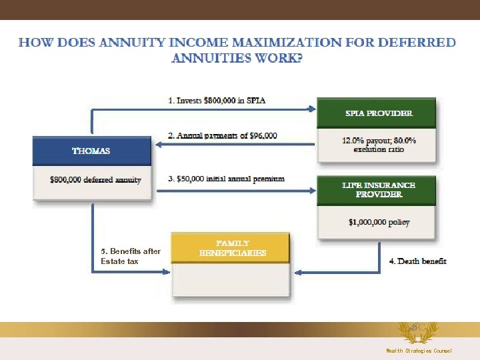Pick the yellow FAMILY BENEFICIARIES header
(x=232, y=248)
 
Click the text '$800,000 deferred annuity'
(x=95, y=179)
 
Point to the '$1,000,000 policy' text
(x=379, y=222)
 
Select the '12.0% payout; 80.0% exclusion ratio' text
(x=379, y=145)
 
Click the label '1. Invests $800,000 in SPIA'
(x=217, y=101)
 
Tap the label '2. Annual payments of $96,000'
(x=223, y=135)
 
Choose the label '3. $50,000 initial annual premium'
(x=226, y=179)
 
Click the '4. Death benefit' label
(x=418, y=261)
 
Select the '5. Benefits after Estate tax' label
(x=130, y=256)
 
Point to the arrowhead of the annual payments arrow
(x=161, y=143)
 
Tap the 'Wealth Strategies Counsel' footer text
(x=419, y=351)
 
